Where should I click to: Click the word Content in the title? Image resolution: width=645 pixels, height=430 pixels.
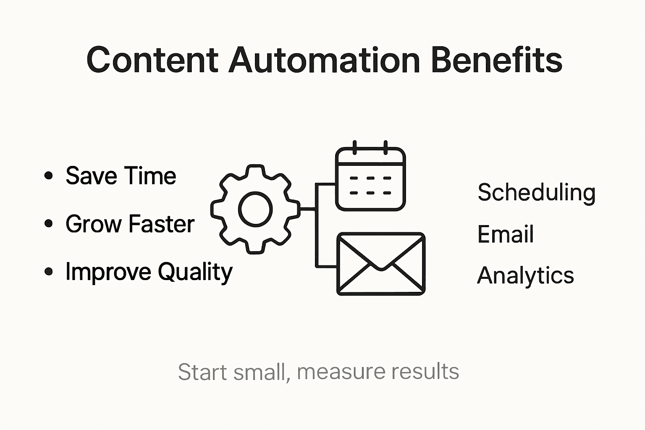point(152,60)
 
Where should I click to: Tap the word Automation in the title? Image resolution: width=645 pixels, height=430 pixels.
point(325,60)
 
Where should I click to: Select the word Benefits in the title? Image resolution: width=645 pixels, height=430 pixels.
point(497,60)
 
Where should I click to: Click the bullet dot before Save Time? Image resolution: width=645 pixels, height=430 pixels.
point(49,176)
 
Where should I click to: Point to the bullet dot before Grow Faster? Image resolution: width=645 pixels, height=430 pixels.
point(49,223)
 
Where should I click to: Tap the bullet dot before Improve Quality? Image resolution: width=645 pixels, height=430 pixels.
point(49,272)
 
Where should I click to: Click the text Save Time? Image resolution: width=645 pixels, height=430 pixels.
point(121,176)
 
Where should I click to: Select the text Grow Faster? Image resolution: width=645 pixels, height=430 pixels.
point(130,223)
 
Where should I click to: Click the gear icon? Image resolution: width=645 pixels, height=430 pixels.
point(255,209)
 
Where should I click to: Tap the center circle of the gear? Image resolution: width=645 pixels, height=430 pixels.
point(255,209)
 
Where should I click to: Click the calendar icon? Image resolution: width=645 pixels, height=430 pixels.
point(370,178)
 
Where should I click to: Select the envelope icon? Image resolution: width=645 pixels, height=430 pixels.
point(381,264)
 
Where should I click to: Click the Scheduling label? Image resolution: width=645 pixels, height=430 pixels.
point(537,193)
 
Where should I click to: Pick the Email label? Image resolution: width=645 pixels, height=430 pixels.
point(506,234)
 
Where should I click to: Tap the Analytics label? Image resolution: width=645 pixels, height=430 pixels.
point(525,275)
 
